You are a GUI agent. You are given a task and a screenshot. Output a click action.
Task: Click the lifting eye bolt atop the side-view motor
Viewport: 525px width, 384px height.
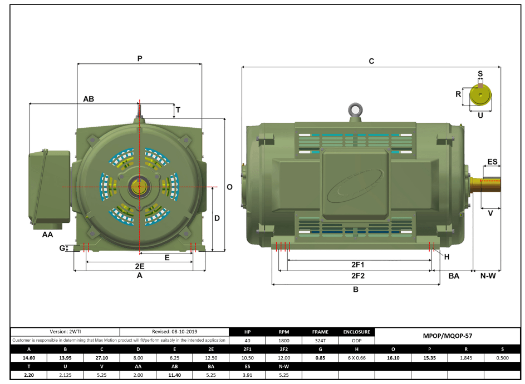(x=354, y=111)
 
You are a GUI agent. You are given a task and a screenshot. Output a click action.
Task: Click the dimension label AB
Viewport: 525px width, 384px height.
(x=89, y=99)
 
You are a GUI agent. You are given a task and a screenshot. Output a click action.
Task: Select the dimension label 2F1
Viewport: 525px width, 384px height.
(x=357, y=265)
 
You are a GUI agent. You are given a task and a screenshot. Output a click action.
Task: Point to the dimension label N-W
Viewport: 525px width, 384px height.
(x=488, y=276)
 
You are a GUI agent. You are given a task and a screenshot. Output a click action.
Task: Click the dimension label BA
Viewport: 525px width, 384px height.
(x=454, y=276)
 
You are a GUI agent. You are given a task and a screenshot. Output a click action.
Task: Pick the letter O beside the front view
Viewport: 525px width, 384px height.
(x=229, y=187)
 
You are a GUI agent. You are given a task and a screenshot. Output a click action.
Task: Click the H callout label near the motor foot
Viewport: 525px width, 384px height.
(x=446, y=256)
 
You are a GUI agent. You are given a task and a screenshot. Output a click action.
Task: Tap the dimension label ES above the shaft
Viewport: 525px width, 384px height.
(x=492, y=162)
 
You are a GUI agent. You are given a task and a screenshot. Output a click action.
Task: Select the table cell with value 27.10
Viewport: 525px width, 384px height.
(x=102, y=357)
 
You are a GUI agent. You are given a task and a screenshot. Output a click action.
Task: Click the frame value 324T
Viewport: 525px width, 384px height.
(x=320, y=340)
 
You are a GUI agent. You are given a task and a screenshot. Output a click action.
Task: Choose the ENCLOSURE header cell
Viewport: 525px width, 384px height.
(x=356, y=332)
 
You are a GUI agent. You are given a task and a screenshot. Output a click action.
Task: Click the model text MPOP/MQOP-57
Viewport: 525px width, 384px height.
(x=448, y=336)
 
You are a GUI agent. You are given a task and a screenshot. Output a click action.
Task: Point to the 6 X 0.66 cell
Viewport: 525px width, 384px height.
(x=356, y=357)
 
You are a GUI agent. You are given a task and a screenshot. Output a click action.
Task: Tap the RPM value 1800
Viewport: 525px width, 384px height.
(x=283, y=340)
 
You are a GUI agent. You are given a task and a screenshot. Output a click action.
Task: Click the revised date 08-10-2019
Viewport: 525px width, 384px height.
(x=174, y=331)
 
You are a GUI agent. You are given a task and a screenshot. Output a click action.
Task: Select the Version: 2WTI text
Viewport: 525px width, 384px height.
(x=65, y=331)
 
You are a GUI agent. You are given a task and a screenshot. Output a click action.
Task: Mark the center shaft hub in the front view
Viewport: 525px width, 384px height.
(x=139, y=187)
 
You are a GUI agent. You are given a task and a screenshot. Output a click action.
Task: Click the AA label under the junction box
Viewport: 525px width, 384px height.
(x=48, y=235)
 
